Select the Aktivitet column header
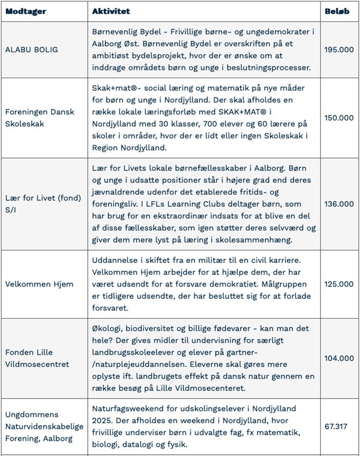(111, 11)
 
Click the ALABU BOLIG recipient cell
(31, 50)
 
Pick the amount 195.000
(339, 50)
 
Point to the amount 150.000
(339, 118)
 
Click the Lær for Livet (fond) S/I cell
(43, 204)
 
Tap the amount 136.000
(339, 204)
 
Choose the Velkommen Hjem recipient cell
(39, 284)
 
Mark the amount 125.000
(339, 284)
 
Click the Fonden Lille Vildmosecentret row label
(37, 358)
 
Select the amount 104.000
(339, 358)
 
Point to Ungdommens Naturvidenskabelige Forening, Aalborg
(43, 426)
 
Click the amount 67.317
(337, 426)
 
